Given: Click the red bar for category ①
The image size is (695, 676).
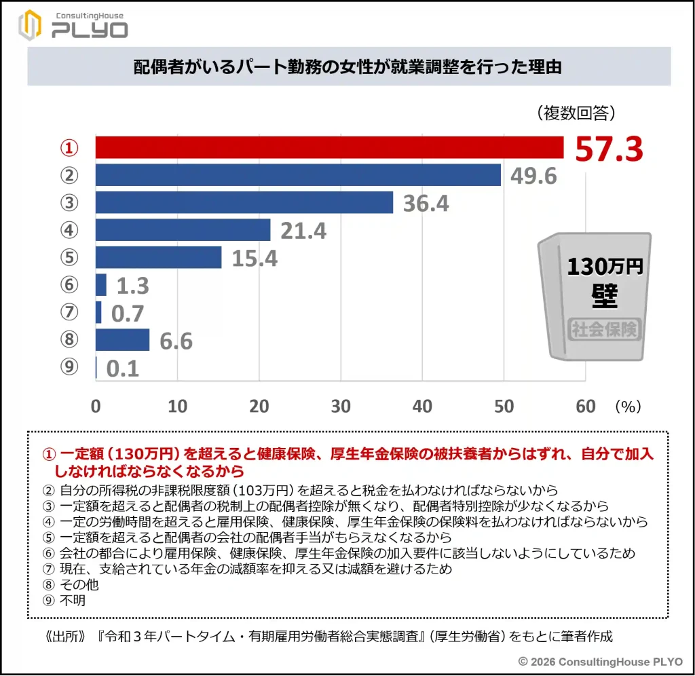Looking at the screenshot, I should (x=329, y=147).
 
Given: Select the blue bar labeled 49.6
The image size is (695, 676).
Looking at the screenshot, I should (x=298, y=175).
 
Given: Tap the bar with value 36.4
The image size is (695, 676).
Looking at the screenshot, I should (x=244, y=202).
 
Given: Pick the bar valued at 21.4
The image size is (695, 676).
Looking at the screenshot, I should (x=183, y=230).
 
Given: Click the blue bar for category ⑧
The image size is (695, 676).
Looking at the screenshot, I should (x=122, y=339).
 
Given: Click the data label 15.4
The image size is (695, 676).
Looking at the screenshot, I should (x=255, y=259).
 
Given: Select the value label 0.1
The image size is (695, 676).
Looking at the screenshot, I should (x=123, y=369).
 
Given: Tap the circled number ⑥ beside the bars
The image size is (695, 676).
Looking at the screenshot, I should (x=70, y=285).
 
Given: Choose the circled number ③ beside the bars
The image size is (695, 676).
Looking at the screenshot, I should (x=70, y=202).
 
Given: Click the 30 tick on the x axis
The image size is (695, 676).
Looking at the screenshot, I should (x=341, y=406).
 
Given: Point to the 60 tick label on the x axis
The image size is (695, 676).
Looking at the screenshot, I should (x=585, y=406).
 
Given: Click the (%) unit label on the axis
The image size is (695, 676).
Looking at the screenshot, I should (x=627, y=406).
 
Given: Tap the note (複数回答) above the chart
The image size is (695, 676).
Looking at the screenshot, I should (x=575, y=113).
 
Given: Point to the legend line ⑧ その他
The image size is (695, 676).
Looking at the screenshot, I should (x=62, y=584).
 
